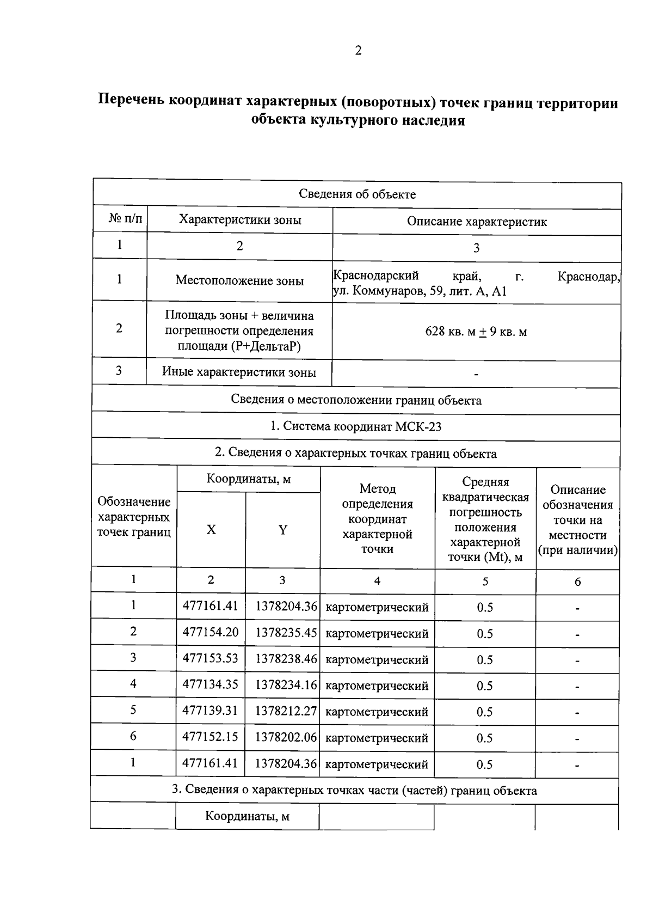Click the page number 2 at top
pyautogui.click(x=358, y=51)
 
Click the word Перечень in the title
pyautogui.click(x=131, y=102)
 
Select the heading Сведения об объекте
pyautogui.click(x=357, y=194)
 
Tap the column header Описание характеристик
pyautogui.click(x=477, y=222)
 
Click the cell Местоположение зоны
pyautogui.click(x=239, y=280)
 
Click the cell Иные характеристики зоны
pyautogui.click(x=239, y=372)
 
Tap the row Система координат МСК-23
pyautogui.click(x=356, y=426)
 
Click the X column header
pyautogui.click(x=211, y=530)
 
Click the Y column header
pyautogui.click(x=282, y=530)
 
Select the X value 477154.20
pyautogui.click(x=210, y=632)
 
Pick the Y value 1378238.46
pyautogui.click(x=286, y=659)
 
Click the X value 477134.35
pyautogui.click(x=210, y=684)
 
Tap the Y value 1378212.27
pyautogui.click(x=286, y=711)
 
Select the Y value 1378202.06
pyautogui.click(x=286, y=737)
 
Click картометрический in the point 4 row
pyautogui.click(x=377, y=686)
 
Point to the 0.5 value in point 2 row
pyautogui.click(x=485, y=634)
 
